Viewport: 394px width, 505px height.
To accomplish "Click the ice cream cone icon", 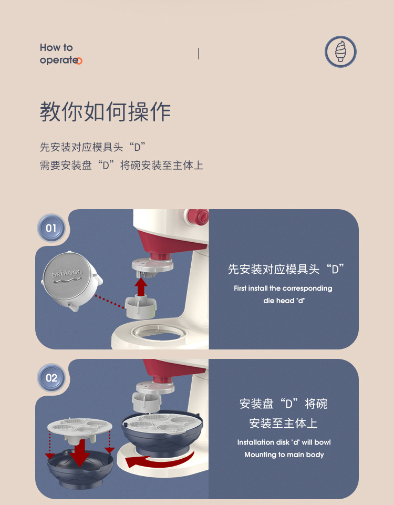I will pos(340,52).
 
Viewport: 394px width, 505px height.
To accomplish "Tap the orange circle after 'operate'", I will pos(80,61).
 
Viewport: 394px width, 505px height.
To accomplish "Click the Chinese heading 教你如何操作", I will pos(105,112).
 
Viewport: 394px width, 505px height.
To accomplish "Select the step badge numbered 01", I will pos(51,228).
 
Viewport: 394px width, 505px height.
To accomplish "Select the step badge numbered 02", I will pos(51,378).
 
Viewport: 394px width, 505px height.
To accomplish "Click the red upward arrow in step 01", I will pos(141,287).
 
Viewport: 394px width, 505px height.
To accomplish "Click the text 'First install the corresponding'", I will pos(283,288).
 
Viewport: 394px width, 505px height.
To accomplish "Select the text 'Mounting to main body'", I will pos(284,455).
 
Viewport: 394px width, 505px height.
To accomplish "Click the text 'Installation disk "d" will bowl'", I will pos(284,442).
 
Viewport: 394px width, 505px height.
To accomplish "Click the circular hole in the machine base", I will pos(161,332).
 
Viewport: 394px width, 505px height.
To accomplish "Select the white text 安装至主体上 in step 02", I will pos(283,423).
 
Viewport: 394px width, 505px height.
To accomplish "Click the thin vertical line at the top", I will pos(198,53).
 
